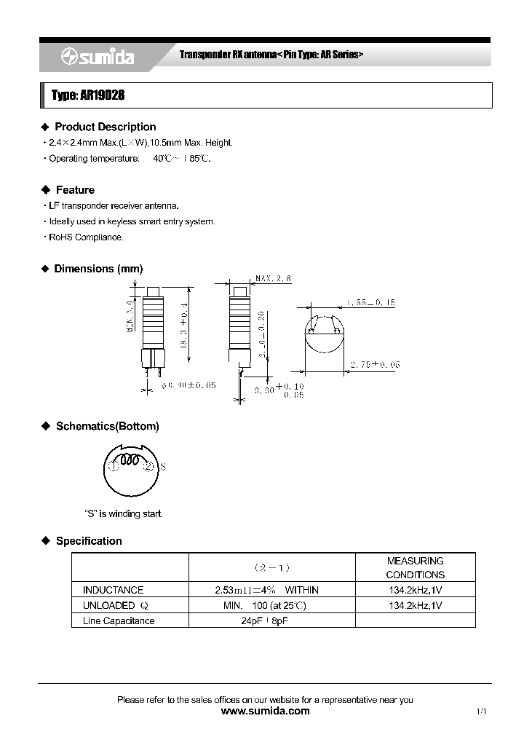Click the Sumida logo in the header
coord(97,57)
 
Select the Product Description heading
coord(106,127)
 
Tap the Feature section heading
coord(75,190)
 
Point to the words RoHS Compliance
coord(86,237)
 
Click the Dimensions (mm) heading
coord(98,269)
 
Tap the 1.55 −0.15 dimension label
coord(371,302)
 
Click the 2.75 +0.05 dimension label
coord(376,364)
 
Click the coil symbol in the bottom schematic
coord(131,460)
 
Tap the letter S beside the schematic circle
coord(162,466)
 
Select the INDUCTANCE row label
coord(114,590)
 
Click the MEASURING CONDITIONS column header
coord(415,567)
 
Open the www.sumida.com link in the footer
coord(265,712)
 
